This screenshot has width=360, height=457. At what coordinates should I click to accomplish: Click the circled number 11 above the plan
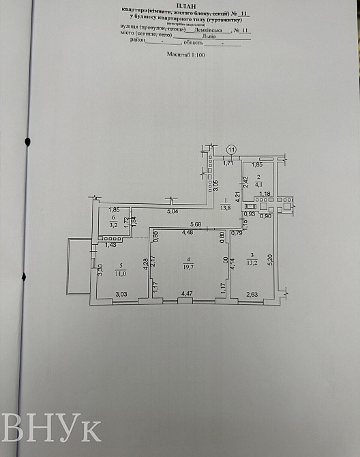pyautogui.click(x=231, y=149)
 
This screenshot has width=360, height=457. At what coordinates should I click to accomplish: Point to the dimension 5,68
pyautogui.click(x=196, y=224)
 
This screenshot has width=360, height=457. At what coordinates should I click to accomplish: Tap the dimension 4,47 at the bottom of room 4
pyautogui.click(x=186, y=294)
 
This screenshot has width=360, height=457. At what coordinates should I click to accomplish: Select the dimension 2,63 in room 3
pyautogui.click(x=252, y=294)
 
